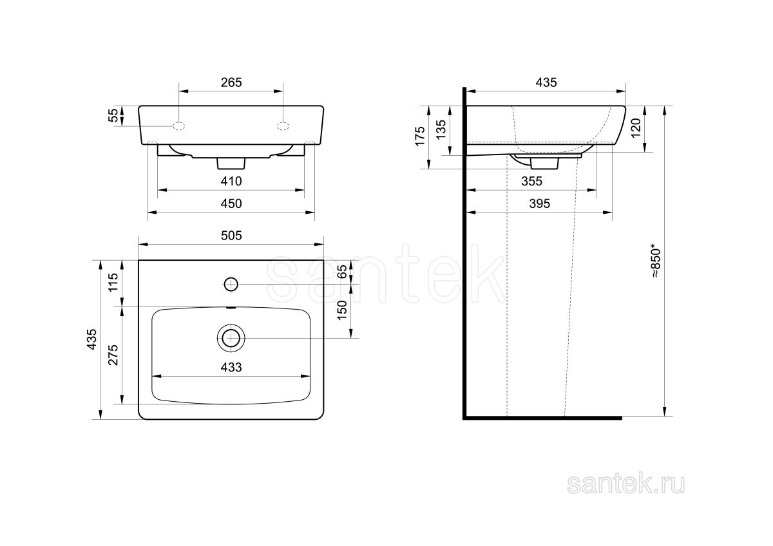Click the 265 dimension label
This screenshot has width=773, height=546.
pos(231,82)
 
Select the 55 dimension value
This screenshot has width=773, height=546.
pos(113,115)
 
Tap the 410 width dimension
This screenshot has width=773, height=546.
pos(231,181)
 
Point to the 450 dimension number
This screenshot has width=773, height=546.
pos(231,203)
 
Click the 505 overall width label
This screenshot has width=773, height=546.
pos(231,236)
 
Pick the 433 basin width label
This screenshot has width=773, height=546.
pos(231,368)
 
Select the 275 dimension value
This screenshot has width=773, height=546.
pos(113,355)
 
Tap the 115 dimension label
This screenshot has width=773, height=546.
pos(113,283)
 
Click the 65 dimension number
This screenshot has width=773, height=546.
pos(341,272)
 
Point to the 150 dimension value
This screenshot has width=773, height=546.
pos(341,310)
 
